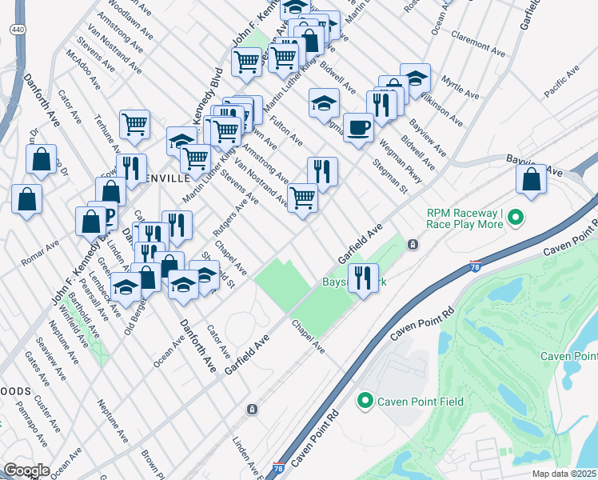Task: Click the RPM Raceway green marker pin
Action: (516, 216)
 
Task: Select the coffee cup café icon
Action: (358, 127)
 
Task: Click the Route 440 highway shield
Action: (17, 28)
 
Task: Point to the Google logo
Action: (26, 470)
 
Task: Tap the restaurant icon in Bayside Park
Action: (363, 278)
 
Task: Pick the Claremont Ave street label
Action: (478, 45)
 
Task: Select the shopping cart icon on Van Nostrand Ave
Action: (302, 197)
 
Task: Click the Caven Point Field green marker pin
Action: (365, 400)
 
